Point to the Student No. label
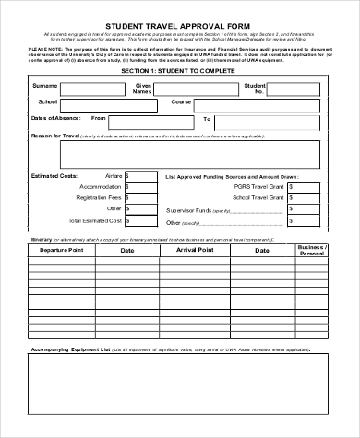click(256, 89)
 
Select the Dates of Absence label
click(52, 118)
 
